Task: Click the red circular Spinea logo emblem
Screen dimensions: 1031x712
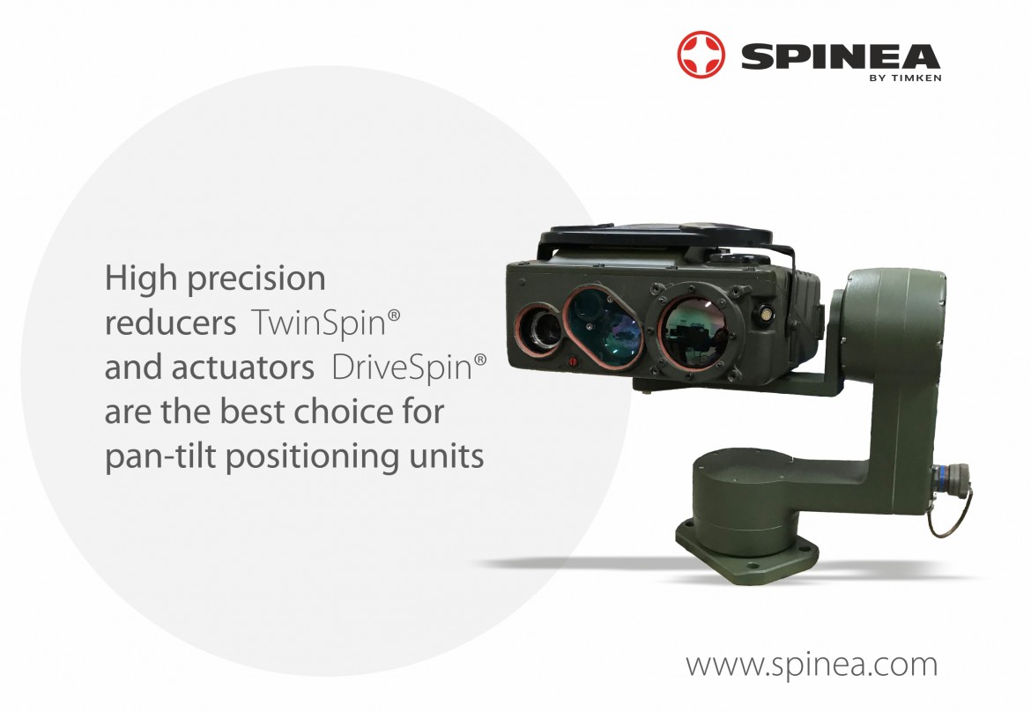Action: tap(701, 55)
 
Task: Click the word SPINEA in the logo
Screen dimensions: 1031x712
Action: tap(841, 56)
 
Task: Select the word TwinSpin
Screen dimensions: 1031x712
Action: tap(317, 323)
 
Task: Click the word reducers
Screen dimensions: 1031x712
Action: tap(170, 323)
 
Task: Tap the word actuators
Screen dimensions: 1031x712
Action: tap(242, 367)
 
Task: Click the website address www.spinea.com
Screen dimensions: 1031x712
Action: tap(812, 664)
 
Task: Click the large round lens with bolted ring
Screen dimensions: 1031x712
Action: tap(694, 326)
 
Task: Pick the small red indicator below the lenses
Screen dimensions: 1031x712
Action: tap(573, 361)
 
